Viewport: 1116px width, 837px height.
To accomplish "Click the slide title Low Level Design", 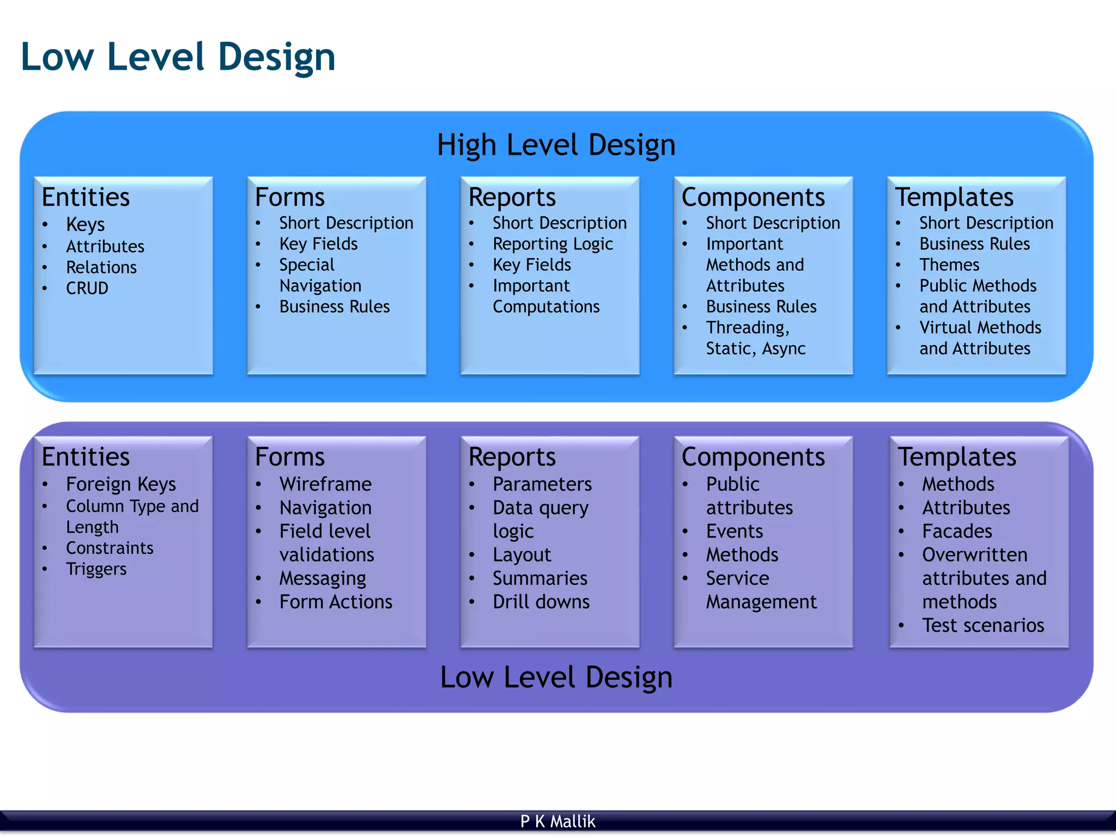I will (178, 57).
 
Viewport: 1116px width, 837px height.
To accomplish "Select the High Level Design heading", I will (556, 145).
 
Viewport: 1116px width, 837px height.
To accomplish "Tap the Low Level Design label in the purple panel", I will (556, 677).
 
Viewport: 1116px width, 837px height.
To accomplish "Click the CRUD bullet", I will (87, 288).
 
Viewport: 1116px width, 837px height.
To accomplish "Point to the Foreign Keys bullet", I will (120, 484).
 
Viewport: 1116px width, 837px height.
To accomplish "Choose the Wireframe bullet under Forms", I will (325, 484).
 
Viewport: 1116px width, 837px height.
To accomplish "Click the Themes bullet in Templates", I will (949, 265).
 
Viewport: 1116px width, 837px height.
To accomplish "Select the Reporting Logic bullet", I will (553, 244).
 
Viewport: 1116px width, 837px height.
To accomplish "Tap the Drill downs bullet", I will (541, 602).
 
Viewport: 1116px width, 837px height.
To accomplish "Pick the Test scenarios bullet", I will (982, 625).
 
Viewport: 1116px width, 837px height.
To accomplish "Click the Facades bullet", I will (957, 531).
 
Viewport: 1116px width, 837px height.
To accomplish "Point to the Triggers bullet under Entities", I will (96, 569).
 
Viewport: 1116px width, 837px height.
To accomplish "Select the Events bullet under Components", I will (734, 531).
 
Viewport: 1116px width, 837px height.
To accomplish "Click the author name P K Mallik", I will (557, 821).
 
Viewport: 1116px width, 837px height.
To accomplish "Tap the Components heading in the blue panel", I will (753, 197).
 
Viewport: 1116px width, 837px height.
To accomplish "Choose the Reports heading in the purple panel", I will (512, 457).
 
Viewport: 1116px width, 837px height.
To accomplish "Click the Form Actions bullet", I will (336, 602).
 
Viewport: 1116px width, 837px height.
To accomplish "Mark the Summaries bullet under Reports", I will (539, 578).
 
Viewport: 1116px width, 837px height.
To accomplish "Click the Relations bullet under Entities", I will (101, 267).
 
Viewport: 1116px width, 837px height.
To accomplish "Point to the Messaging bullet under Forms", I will (323, 578).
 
